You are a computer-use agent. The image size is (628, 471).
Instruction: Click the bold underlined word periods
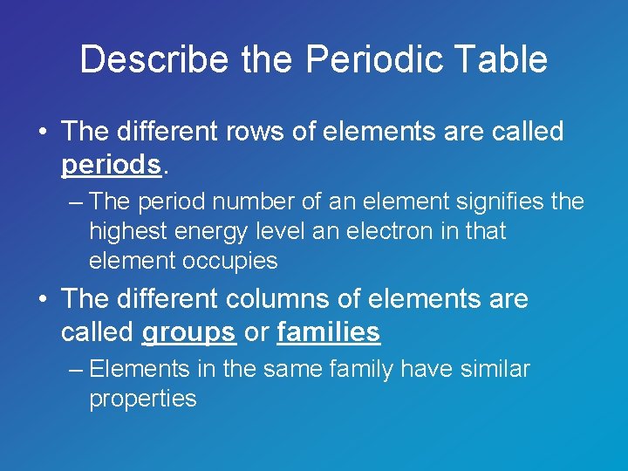(111, 164)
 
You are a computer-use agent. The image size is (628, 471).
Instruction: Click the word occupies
(230, 260)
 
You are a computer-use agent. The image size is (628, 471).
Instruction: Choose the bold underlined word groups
(189, 331)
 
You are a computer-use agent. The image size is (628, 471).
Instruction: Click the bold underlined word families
(328, 331)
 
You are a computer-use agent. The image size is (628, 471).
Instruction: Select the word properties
(143, 399)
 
